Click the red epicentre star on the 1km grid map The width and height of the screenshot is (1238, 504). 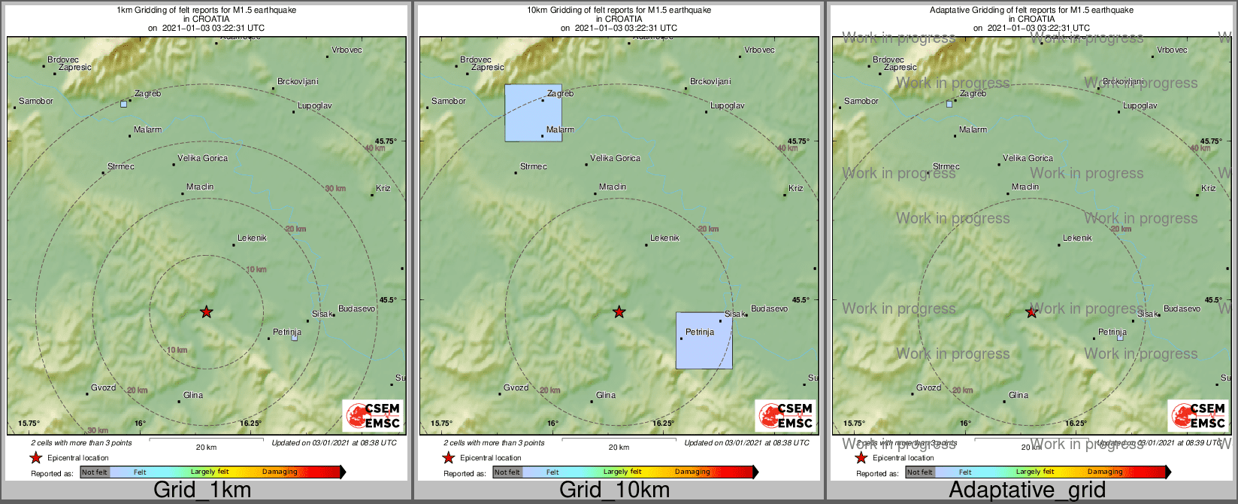click(206, 311)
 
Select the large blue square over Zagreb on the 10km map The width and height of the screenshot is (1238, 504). click(533, 113)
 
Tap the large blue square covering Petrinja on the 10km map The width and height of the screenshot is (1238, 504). click(704, 341)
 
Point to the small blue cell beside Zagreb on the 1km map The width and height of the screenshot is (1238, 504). click(124, 104)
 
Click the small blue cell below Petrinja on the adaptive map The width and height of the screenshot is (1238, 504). click(1119, 338)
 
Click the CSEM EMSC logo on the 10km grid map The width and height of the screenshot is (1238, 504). click(785, 416)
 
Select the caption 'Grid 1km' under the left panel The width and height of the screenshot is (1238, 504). click(202, 490)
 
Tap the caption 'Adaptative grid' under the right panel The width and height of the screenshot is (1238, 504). click(1027, 490)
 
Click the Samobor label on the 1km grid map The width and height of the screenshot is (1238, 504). click(36, 101)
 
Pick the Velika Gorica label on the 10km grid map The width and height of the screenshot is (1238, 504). click(615, 159)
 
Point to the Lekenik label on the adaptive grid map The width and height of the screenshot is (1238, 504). click(1077, 238)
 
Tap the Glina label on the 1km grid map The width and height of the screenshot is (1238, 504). click(193, 395)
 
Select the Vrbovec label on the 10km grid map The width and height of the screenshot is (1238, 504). click(759, 50)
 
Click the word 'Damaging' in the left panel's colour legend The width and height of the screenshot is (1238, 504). click(280, 472)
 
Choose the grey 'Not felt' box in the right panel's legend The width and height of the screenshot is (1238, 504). click(919, 472)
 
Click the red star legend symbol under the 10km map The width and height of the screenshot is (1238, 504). click(449, 457)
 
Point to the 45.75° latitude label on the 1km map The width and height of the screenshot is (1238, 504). click(386, 141)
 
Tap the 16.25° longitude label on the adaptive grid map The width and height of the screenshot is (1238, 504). click(1075, 423)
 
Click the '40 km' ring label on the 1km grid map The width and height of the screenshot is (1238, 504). click(375, 149)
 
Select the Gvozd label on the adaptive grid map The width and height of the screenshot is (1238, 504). click(928, 388)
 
